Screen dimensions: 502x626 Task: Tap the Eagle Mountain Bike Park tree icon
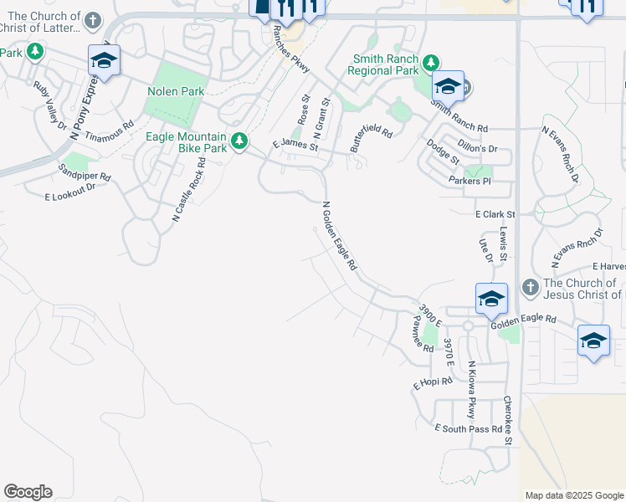[x=239, y=140]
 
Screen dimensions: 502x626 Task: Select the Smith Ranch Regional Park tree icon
[x=430, y=63]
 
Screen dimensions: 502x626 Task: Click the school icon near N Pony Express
[x=104, y=60]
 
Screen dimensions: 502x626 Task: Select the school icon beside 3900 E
[x=491, y=298]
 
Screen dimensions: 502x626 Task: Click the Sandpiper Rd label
[x=85, y=177]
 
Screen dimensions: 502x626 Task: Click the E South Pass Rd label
[x=469, y=428]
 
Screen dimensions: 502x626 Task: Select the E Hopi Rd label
[x=432, y=383]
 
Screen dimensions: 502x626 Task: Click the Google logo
[x=28, y=492]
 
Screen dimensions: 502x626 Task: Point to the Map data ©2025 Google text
[x=573, y=495]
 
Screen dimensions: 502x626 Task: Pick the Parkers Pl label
[x=469, y=181]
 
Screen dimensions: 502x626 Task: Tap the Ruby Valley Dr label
[x=50, y=105]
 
